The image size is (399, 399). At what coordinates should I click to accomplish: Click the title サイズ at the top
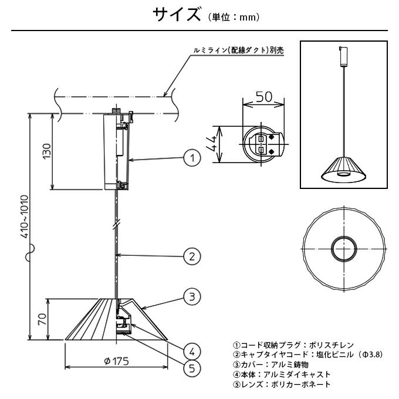coord(177,16)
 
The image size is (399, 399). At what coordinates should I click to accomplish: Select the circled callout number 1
coord(191,157)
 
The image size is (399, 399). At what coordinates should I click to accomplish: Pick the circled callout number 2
coord(191,256)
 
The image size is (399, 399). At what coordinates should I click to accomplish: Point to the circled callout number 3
coord(191,297)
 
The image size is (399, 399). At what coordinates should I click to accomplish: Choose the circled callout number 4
coord(191,351)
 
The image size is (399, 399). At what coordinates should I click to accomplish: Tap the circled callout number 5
coord(191,368)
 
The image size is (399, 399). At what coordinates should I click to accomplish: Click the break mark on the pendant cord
coord(117,224)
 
